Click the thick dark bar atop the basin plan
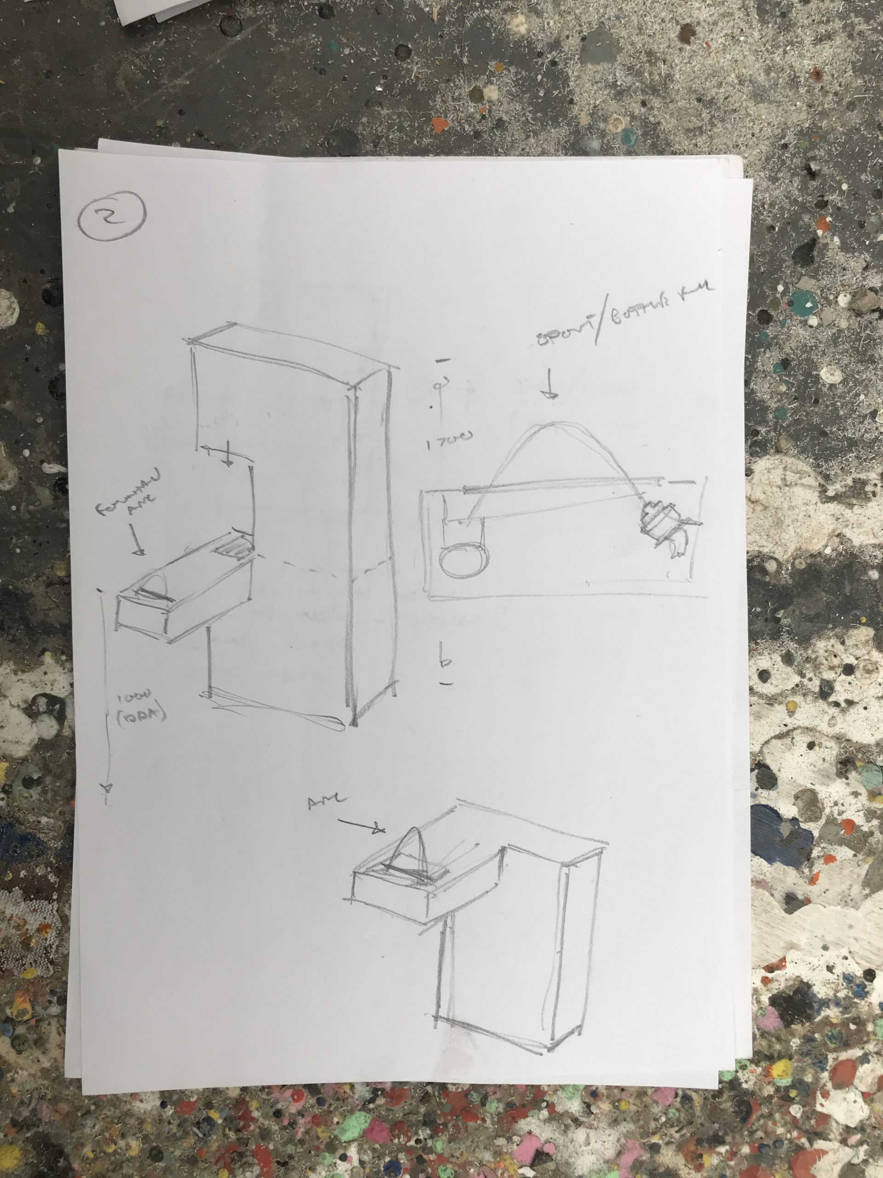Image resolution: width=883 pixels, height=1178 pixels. click(x=559, y=485)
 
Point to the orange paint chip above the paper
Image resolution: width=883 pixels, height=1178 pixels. click(x=439, y=126)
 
